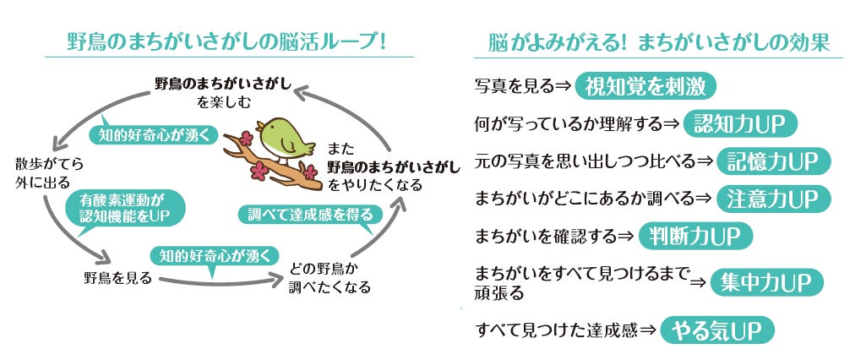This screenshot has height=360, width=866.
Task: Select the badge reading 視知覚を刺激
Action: [645, 86]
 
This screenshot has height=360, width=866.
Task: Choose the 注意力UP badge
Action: [773, 199]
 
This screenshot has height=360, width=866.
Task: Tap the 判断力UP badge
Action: [694, 236]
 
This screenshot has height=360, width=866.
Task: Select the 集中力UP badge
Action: [766, 282]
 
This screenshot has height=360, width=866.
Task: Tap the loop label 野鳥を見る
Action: [117, 277]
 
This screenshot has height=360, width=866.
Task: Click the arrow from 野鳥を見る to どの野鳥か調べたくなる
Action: [220, 280]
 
